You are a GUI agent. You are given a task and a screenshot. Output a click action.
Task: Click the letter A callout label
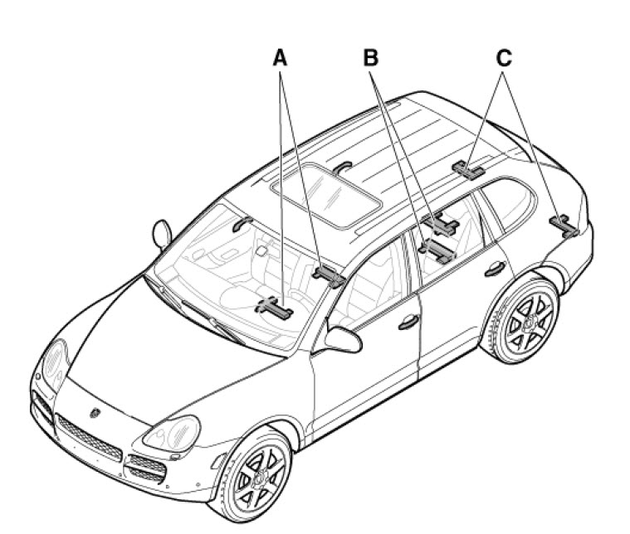pos(280,57)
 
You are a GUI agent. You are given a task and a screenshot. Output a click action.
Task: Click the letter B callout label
pos(370,57)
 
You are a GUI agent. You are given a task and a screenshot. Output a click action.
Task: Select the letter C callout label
pos(504,57)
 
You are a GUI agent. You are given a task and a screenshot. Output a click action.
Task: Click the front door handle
pos(408,322)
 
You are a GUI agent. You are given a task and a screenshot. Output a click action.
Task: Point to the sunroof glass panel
pos(326,196)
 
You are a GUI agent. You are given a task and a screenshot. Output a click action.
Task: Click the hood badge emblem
pos(95,412)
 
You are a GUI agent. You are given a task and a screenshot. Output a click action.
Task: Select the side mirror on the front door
pos(343,340)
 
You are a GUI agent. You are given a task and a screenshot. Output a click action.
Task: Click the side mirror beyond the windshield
pos(162,234)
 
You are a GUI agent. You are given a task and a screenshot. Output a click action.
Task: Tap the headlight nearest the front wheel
pos(172,434)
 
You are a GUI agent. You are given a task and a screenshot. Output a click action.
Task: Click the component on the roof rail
pos(468,170)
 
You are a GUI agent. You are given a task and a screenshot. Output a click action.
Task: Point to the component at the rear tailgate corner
pos(564,226)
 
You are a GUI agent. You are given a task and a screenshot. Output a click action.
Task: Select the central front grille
pos(88,438)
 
